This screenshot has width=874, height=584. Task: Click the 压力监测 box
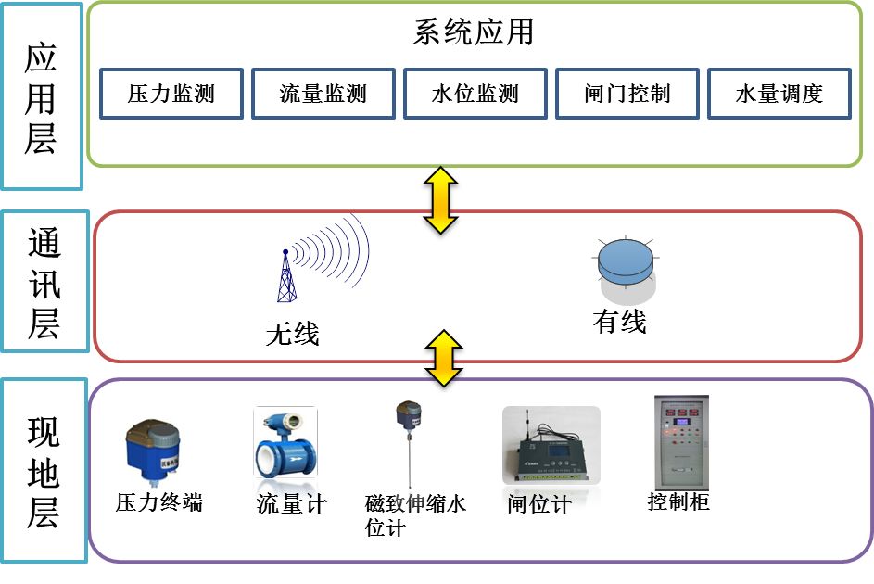[171, 93]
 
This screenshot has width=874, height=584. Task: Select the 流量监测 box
[323, 93]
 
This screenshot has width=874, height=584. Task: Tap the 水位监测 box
[475, 93]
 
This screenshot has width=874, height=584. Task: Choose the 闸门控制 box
[627, 93]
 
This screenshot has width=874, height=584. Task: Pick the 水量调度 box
[779, 93]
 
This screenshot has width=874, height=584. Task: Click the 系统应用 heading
[473, 32]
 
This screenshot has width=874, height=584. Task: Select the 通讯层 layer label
[44, 282]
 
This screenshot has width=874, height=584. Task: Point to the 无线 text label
[292, 333]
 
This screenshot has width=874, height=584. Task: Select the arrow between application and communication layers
[441, 199]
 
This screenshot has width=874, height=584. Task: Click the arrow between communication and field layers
[444, 358]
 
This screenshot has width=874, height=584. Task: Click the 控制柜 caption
[678, 502]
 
